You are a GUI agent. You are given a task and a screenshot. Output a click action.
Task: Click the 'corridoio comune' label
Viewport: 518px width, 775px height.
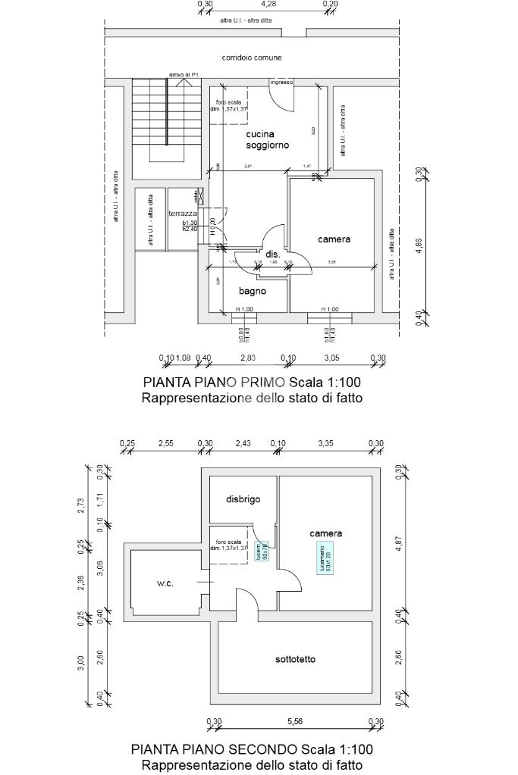pos(252,58)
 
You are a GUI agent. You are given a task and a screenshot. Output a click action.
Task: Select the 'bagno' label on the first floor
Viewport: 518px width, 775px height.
pos(251,291)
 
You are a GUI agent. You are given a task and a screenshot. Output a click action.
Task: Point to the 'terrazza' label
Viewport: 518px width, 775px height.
pos(182,214)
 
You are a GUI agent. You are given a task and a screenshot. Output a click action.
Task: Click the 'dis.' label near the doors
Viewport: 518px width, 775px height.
pos(272,255)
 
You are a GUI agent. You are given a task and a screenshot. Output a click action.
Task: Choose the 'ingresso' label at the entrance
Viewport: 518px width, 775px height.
pos(281,82)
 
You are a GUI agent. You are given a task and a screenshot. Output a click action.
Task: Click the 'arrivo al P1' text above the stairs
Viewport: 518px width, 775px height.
pos(184,74)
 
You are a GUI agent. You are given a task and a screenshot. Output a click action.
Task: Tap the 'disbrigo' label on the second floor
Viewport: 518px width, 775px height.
pos(243,499)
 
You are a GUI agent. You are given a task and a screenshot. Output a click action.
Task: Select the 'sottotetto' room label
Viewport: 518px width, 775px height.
pos(295,659)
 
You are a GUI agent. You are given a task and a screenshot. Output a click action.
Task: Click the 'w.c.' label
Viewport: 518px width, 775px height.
pos(165,583)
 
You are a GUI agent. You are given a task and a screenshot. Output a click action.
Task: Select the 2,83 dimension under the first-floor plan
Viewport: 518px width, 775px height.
pos(248,358)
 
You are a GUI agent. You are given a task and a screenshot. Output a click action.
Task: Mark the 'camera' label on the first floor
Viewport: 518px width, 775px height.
pos(334,239)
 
